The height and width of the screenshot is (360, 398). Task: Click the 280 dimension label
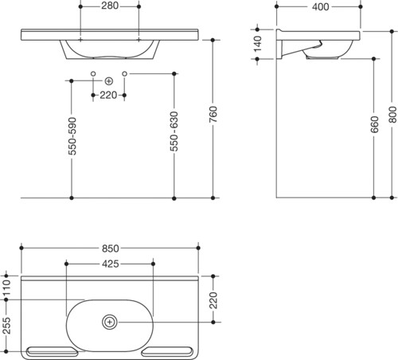pos(110,6)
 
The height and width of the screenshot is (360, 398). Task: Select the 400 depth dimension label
pos(321,7)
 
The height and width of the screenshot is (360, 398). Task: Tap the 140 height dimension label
pos(258,44)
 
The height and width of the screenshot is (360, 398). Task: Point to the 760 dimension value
pos(213,114)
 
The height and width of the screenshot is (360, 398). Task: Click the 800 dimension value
pos(392,115)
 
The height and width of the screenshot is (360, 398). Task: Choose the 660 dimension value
pos(374,124)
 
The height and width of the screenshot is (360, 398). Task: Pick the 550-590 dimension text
pos(72,136)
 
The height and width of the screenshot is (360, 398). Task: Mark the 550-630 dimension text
pos(174,131)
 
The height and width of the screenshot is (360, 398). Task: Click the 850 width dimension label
pos(111,248)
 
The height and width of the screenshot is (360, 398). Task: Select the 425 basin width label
pos(111,264)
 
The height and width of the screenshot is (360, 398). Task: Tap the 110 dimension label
pos(6,288)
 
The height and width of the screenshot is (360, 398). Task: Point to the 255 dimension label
pos(6,326)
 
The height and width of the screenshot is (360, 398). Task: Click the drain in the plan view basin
pos(110,322)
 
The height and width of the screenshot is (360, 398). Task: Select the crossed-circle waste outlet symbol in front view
pos(109,81)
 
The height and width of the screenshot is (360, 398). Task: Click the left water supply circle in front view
pos(93,73)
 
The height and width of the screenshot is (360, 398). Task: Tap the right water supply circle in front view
pos(125,73)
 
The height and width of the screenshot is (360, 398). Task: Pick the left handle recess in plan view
pos(52,351)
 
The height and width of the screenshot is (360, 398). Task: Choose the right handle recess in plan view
pos(167,351)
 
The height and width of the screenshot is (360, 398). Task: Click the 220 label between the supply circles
pos(108,95)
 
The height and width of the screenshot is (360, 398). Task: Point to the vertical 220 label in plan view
pos(213,300)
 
